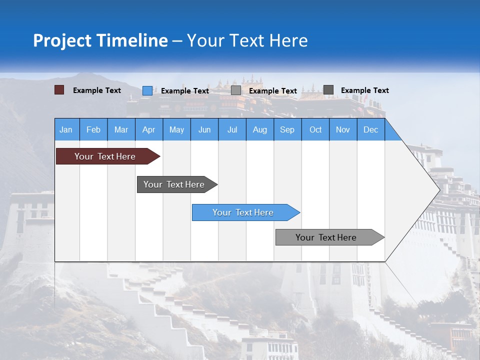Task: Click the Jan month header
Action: click(x=66, y=129)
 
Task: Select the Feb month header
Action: click(x=93, y=129)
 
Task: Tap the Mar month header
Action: click(x=121, y=129)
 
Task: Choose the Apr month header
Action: click(x=149, y=129)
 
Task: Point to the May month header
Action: click(x=176, y=129)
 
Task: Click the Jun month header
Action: click(x=204, y=129)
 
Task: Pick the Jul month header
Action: click(x=232, y=129)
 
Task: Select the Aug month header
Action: click(x=260, y=129)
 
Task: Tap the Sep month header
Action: click(x=287, y=129)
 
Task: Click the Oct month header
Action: click(x=315, y=129)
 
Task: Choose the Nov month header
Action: click(x=343, y=129)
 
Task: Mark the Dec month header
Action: click(x=371, y=129)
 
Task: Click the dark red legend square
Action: click(x=59, y=90)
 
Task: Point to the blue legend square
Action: click(x=147, y=90)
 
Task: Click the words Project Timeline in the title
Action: click(x=100, y=40)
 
